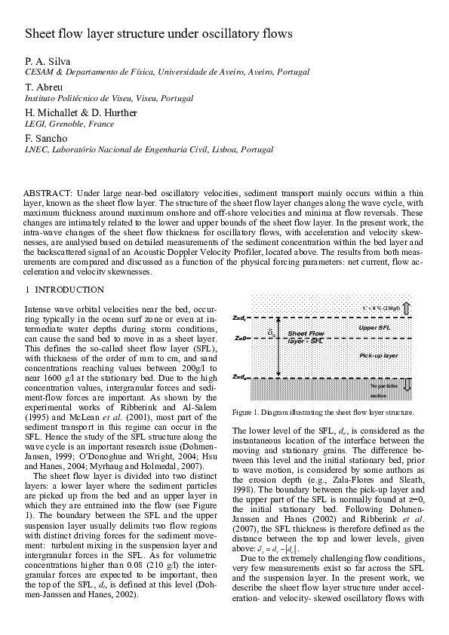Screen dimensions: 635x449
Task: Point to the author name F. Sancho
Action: tap(43, 139)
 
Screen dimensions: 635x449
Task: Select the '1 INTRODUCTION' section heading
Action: tap(65, 290)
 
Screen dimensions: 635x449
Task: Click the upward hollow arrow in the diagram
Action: tap(406, 307)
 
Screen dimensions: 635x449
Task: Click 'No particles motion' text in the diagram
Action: tap(380, 390)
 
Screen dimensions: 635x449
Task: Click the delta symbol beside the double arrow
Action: tap(271, 331)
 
